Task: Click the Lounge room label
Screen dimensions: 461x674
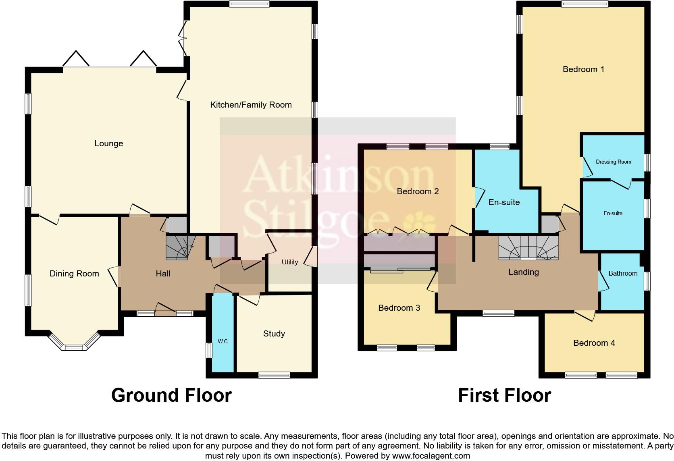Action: tap(108, 143)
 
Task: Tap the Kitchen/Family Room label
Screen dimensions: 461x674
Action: tap(251, 105)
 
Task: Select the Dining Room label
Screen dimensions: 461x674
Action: tap(74, 274)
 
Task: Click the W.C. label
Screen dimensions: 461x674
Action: tap(223, 341)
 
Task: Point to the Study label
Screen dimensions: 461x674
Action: tap(274, 334)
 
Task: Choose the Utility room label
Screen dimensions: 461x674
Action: tap(289, 262)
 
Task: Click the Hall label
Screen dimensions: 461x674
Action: tap(163, 274)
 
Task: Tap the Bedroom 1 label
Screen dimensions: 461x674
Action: tap(583, 69)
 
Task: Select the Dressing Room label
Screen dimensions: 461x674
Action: tap(613, 162)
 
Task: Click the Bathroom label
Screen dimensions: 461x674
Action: tap(623, 273)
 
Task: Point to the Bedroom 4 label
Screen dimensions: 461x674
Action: tap(594, 343)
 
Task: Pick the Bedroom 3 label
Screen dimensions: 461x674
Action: tap(399, 308)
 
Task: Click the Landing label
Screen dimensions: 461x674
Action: tap(523, 272)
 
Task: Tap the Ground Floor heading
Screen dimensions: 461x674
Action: tap(171, 395)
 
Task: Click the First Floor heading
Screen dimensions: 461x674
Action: tap(504, 395)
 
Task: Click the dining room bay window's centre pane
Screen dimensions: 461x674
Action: tap(73, 347)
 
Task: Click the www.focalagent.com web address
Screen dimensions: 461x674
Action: tap(431, 456)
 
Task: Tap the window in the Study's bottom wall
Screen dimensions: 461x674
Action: tap(274, 375)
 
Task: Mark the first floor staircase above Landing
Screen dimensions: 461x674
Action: tap(528, 247)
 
